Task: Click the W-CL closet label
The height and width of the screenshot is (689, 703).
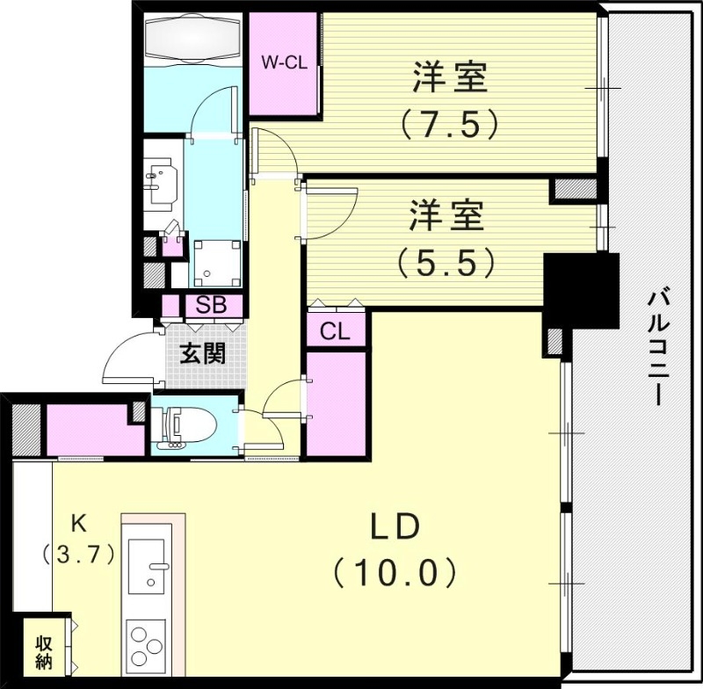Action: [282, 62]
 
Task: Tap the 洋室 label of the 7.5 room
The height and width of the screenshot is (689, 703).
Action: [450, 78]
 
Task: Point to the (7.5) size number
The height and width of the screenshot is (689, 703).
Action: [450, 124]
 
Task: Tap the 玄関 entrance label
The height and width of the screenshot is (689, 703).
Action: [202, 353]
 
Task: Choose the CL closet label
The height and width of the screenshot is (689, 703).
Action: [335, 332]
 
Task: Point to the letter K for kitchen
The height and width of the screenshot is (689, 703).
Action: [79, 524]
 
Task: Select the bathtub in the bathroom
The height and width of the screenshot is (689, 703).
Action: [193, 40]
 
